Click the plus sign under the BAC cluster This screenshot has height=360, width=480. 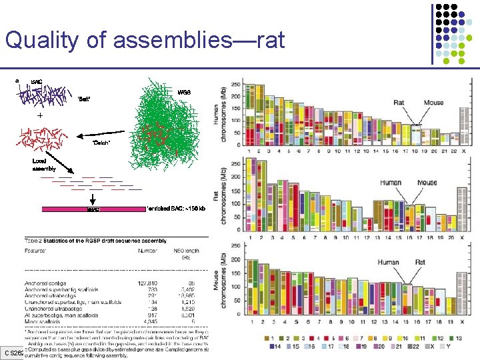[x=39, y=115]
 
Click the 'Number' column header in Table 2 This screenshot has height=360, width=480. [x=146, y=251]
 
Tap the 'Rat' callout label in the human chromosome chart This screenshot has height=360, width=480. [x=399, y=103]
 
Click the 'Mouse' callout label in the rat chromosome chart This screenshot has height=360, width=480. [x=427, y=183]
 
